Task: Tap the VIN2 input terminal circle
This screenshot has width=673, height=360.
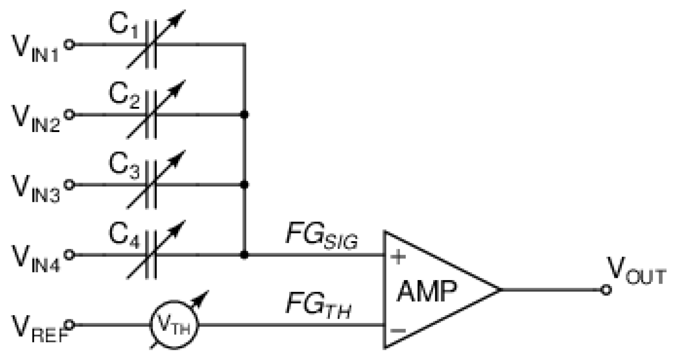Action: click(x=69, y=115)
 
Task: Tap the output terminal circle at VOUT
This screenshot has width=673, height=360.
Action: click(x=606, y=290)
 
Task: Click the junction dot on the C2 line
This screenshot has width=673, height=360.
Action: click(x=245, y=115)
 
